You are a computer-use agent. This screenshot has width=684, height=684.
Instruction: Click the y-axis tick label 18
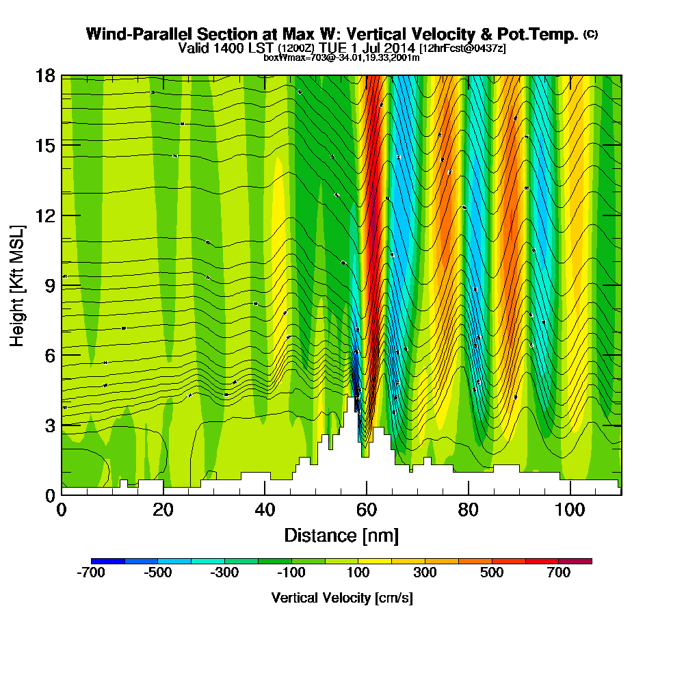(45, 75)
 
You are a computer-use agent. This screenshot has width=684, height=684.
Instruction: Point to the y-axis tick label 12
(45, 215)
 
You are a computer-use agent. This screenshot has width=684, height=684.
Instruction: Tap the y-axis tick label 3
(49, 424)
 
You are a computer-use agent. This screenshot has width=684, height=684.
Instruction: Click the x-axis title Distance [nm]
(341, 535)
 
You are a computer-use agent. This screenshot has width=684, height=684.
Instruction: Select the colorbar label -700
(92, 573)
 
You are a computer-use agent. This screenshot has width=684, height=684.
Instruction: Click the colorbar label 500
(492, 573)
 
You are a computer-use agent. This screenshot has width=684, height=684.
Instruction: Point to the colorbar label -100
(291, 573)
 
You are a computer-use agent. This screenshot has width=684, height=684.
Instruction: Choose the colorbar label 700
(559, 573)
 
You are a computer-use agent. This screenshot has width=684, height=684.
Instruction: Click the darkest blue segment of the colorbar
(108, 561)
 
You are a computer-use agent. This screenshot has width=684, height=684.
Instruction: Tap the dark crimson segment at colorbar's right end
(575, 561)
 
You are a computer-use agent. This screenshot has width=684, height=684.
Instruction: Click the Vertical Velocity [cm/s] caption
(341, 598)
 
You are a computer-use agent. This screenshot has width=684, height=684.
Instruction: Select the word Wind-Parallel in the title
(129, 34)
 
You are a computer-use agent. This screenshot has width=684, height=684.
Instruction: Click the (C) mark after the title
(590, 34)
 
